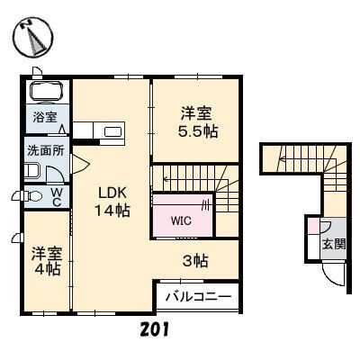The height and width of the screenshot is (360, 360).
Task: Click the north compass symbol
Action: point(34,37)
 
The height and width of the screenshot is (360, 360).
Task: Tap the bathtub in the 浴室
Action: point(47,91)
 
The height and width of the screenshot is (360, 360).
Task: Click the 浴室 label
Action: point(45,117)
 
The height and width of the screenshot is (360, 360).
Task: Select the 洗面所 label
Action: point(46,150)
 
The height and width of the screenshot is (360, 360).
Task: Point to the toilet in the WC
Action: point(33,196)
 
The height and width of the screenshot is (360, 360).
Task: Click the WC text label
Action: point(57,197)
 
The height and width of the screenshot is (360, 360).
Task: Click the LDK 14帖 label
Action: point(112,202)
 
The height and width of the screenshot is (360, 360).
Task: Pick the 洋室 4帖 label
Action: point(47,261)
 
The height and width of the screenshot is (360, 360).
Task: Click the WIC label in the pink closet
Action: point(181,221)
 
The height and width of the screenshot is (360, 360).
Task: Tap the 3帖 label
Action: point(195,261)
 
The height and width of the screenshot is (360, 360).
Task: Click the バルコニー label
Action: point(199,297)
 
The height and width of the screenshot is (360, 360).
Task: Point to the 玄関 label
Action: point(334,244)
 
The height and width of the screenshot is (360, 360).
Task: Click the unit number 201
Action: point(154,329)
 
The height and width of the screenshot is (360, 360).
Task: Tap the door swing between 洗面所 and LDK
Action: point(79,164)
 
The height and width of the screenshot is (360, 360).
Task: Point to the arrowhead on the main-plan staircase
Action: point(166,180)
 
